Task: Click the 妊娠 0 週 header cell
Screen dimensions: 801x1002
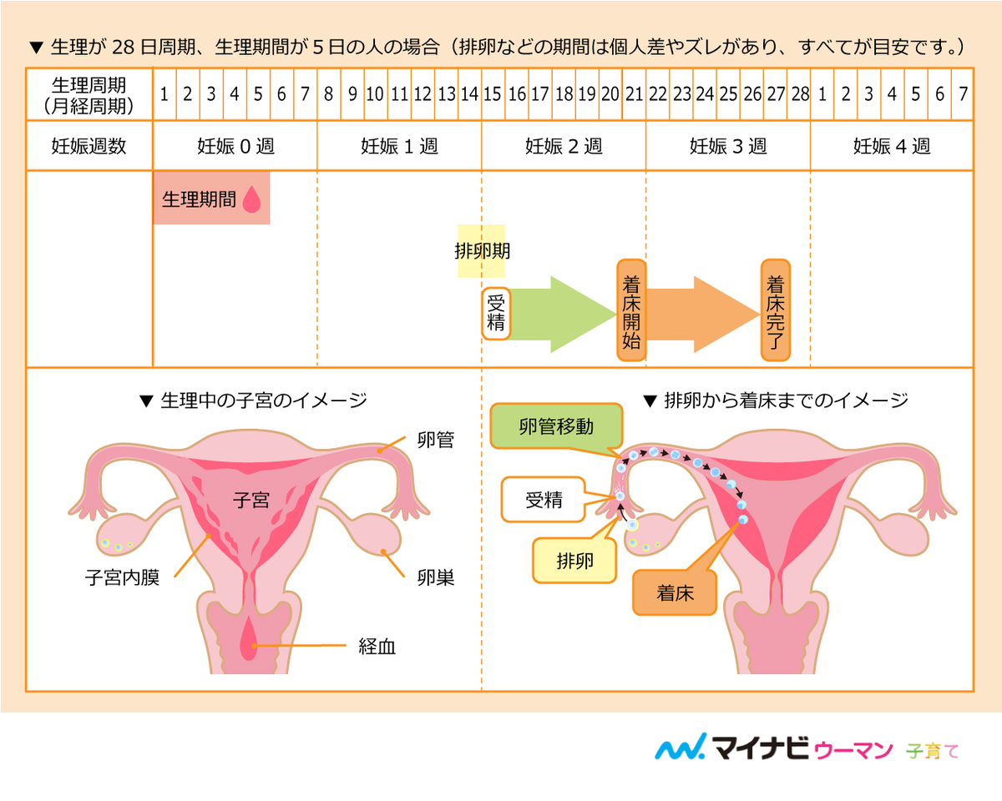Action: pyautogui.click(x=235, y=146)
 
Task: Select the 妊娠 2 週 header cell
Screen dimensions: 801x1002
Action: pyautogui.click(x=564, y=146)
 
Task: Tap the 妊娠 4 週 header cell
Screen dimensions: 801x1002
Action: pyautogui.click(x=892, y=146)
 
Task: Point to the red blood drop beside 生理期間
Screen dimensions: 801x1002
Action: pyautogui.click(x=251, y=200)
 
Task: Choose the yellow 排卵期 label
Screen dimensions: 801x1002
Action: pyautogui.click(x=482, y=250)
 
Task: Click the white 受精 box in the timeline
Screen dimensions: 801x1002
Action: pyautogui.click(x=496, y=313)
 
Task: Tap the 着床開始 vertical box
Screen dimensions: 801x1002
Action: pyautogui.click(x=631, y=310)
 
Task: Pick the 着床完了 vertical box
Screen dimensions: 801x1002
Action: pyautogui.click(x=775, y=310)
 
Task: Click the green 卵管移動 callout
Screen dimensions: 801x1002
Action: pyautogui.click(x=556, y=426)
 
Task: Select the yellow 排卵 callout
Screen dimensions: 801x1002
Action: pyautogui.click(x=574, y=560)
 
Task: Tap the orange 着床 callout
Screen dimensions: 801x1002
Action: pyautogui.click(x=675, y=594)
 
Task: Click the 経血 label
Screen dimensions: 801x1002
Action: pyautogui.click(x=377, y=646)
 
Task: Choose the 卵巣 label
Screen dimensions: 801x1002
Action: pyautogui.click(x=436, y=577)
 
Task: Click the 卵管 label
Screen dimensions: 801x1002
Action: pyautogui.click(x=436, y=440)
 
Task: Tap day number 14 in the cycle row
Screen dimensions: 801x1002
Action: pyautogui.click(x=469, y=93)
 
